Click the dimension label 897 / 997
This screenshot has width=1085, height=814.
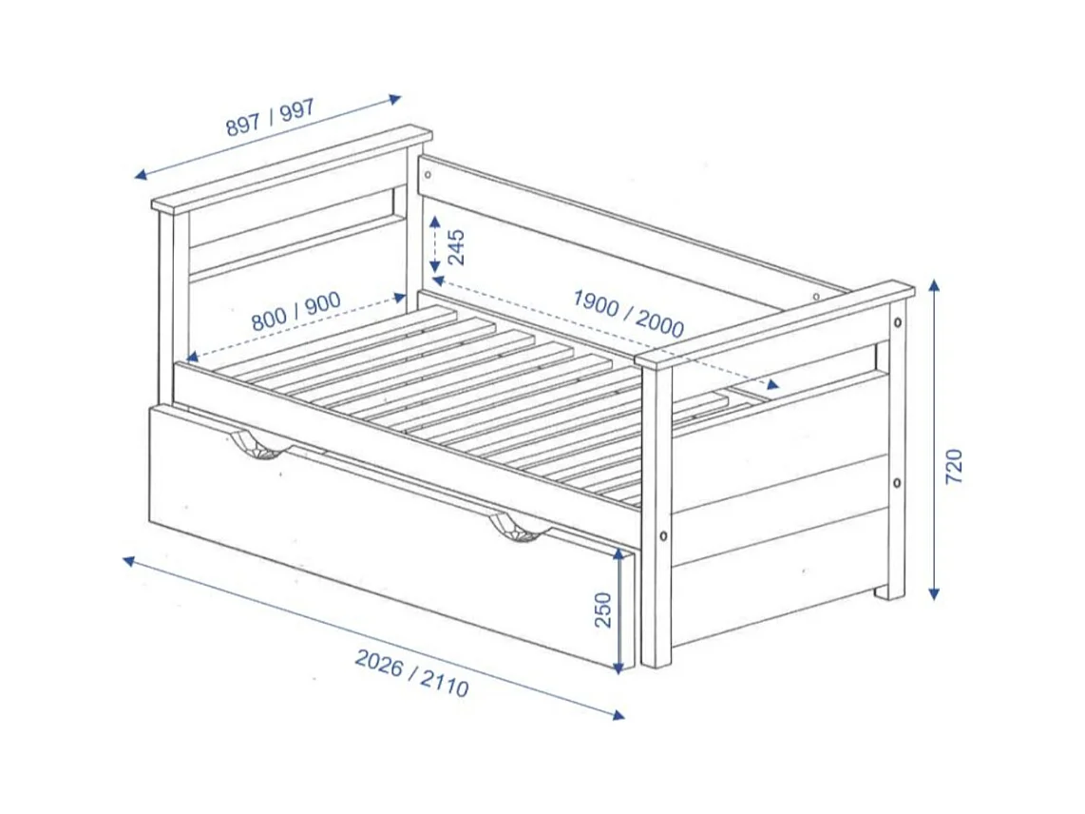click(x=270, y=118)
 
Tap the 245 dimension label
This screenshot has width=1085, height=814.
click(x=457, y=247)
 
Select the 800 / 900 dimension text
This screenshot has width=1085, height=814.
click(x=295, y=311)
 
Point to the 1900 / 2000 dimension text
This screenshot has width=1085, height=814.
click(x=628, y=313)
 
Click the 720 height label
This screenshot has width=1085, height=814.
click(x=954, y=466)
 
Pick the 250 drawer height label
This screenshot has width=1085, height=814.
click(x=603, y=610)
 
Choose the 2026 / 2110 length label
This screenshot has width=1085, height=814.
click(x=411, y=672)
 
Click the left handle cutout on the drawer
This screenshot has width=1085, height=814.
click(x=257, y=445)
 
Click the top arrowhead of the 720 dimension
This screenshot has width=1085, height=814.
click(x=934, y=285)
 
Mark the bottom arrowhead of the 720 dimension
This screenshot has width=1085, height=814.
click(x=934, y=593)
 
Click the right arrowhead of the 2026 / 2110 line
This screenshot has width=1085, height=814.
click(x=619, y=715)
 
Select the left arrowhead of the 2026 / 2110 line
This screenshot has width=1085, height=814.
click(x=129, y=560)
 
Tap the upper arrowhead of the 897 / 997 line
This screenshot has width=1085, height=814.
click(x=395, y=98)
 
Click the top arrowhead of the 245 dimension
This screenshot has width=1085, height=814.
click(x=434, y=223)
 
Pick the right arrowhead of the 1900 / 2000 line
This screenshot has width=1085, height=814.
click(x=773, y=384)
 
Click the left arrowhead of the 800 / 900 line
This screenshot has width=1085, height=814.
click(x=192, y=357)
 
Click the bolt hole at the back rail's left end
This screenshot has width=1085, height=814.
click(x=427, y=174)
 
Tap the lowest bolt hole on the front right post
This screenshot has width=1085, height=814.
click(x=664, y=535)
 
